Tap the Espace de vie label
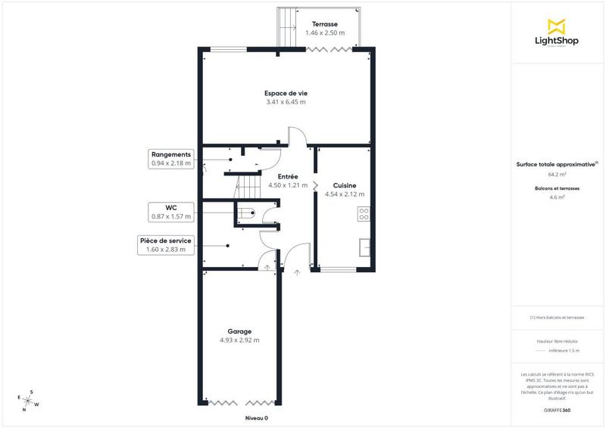pos(286,93)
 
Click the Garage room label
pos(239,331)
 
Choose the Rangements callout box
pos(171,158)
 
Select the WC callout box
pos(171,212)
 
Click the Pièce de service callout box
pos(165,245)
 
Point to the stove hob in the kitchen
pos(364,214)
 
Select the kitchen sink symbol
pos(364,247)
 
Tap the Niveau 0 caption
pos(256,418)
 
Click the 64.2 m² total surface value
pos(557,173)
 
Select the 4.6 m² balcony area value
pos(557,197)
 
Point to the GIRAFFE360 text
pos(557,409)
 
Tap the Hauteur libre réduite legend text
pos(557,342)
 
